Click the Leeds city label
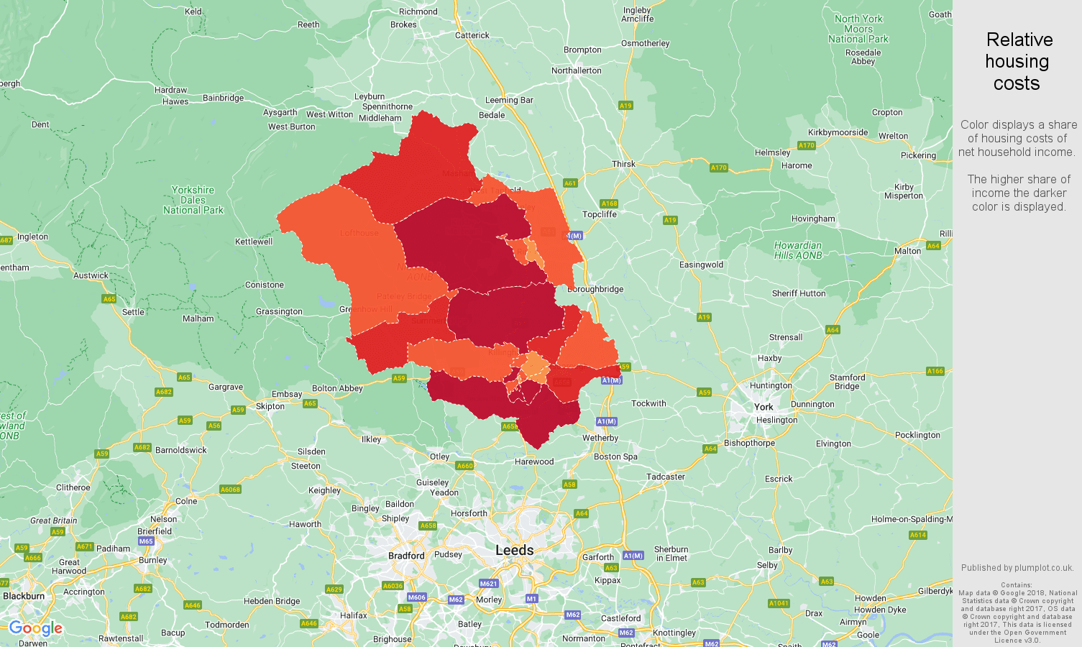[514, 550]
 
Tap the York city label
[764, 407]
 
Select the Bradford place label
[406, 556]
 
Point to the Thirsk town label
[623, 164]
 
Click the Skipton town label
[270, 406]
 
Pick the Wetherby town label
[600, 438]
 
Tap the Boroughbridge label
[595, 289]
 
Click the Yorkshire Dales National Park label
[193, 200]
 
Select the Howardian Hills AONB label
[797, 250]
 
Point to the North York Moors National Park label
[858, 29]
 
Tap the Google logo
[36, 629]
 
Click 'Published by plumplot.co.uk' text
[1017, 567]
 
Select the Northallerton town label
[576, 70]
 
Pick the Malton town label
[907, 251]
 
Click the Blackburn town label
[24, 596]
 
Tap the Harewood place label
[534, 462]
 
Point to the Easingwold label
[701, 265]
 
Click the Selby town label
[767, 565]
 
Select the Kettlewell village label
[254, 242]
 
